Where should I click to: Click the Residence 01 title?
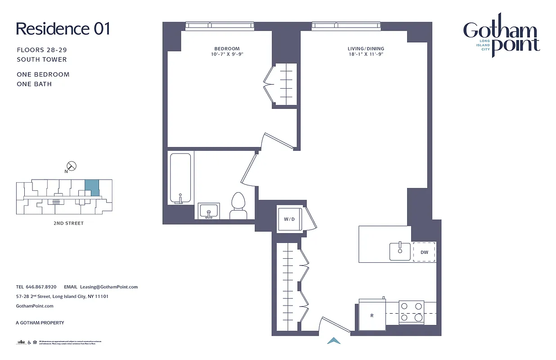(x=63, y=29)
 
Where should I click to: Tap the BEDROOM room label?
(x=227, y=49)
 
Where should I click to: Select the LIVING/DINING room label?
(x=366, y=49)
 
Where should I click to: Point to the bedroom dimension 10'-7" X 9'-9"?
(x=227, y=54)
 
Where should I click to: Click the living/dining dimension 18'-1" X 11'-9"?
(x=366, y=54)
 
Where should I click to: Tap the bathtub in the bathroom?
(x=180, y=178)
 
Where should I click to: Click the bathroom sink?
(x=208, y=211)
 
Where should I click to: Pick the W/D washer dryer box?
(x=289, y=219)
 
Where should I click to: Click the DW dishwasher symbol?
(x=424, y=252)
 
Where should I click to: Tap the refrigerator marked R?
(x=372, y=312)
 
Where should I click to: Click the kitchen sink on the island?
(x=399, y=251)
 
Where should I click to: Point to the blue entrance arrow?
(x=334, y=341)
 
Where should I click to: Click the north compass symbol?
(x=71, y=166)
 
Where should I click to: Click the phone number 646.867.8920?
(x=41, y=287)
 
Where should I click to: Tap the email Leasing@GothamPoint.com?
(x=108, y=287)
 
